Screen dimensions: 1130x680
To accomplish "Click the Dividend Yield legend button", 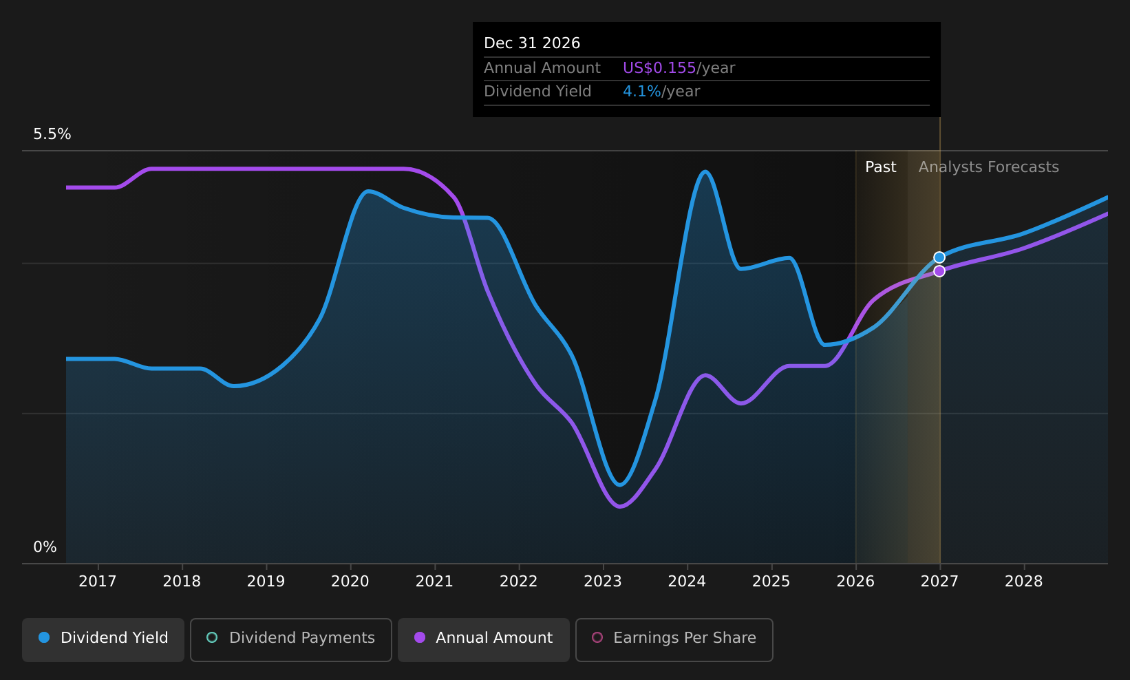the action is [x=103, y=639].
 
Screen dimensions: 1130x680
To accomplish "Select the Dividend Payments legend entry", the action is [x=291, y=639].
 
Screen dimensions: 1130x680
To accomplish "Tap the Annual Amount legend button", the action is [x=483, y=639].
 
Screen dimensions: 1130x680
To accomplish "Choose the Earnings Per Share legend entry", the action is [x=674, y=639].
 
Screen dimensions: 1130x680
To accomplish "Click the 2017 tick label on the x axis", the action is [x=98, y=582].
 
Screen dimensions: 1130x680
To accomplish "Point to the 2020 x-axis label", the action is [x=350, y=582].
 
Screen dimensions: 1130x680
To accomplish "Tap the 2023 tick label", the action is [x=603, y=582].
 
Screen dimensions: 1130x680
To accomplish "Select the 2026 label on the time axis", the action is [x=855, y=582].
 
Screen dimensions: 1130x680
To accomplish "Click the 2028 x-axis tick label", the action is [x=1024, y=582].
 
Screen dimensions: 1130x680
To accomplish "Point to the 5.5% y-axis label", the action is [x=52, y=134].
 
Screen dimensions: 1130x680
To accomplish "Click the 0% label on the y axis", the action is [x=45, y=547].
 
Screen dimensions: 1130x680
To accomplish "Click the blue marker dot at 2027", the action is [x=939, y=258].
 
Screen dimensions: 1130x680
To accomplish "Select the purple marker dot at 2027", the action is [x=939, y=271].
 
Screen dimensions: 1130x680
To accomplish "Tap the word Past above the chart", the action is [x=881, y=167].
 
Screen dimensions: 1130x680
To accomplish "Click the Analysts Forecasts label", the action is [x=989, y=167].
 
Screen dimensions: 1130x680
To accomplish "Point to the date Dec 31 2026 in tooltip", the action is [x=532, y=43].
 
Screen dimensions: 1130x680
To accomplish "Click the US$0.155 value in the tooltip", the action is [x=659, y=68].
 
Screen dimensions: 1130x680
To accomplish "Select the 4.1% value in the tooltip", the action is [x=641, y=92].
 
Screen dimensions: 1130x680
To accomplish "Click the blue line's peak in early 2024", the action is [x=705, y=172].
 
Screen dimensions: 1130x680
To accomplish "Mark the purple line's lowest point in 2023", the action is [x=620, y=507].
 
